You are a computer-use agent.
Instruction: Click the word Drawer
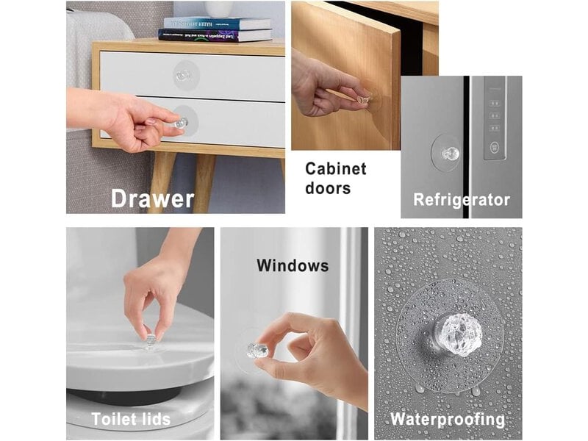point(153,198)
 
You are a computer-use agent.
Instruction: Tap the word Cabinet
point(336,169)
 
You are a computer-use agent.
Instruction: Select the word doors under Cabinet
point(328,188)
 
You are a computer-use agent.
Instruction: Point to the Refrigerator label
point(462,200)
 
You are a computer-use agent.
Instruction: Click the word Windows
point(293,266)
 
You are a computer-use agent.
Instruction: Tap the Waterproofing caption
point(448,419)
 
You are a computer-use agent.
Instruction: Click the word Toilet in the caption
point(112,419)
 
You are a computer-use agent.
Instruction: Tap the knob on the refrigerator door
point(450,153)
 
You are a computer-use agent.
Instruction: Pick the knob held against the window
point(258,350)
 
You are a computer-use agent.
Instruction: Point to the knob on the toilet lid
point(151,341)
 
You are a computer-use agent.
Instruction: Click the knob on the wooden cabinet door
point(363,98)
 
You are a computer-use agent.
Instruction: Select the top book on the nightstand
point(217,24)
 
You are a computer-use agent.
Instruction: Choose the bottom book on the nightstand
point(215,35)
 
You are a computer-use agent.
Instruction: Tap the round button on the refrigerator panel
point(494,146)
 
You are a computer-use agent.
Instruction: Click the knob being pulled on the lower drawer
point(182,122)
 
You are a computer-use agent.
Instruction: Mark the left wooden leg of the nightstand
point(161,181)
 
